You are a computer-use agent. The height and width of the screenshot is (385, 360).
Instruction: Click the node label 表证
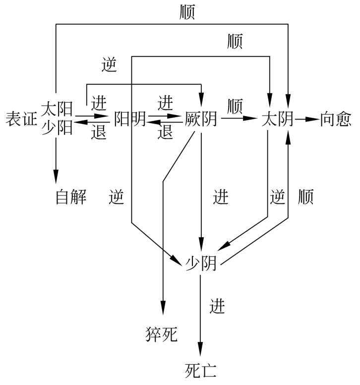tap(20, 119)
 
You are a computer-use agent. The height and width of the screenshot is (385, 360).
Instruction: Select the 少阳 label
tap(57, 128)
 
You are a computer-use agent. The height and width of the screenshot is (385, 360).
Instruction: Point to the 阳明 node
tap(130, 119)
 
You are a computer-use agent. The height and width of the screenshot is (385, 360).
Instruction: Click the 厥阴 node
tap(201, 119)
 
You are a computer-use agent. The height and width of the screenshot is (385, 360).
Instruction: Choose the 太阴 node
tap(277, 120)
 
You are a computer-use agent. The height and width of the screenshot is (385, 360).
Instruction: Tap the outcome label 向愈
tap(336, 120)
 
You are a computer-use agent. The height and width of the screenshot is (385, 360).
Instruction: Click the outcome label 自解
tap(71, 197)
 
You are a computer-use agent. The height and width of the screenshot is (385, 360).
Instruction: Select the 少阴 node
tap(201, 263)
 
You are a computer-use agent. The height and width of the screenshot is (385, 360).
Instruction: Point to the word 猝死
tap(162, 334)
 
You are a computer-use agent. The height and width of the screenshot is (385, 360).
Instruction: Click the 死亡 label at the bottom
tap(200, 370)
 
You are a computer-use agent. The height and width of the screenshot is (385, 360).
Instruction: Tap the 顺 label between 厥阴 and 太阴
tap(235, 106)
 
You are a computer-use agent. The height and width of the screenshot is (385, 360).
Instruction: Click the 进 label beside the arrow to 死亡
tap(217, 307)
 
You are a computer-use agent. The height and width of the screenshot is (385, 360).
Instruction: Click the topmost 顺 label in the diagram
tap(187, 12)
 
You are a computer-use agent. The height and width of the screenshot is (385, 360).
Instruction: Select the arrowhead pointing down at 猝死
tap(162, 307)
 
